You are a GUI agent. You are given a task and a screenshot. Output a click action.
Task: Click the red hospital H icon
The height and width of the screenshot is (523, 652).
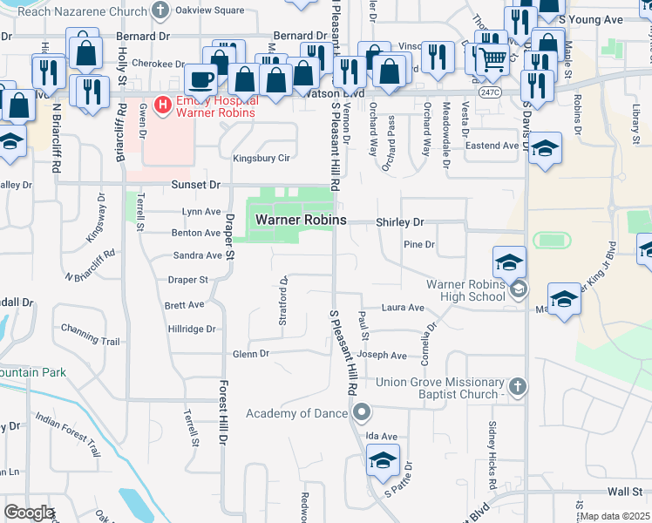[161, 105]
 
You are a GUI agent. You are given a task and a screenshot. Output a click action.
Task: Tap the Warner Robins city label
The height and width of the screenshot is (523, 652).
[301, 221]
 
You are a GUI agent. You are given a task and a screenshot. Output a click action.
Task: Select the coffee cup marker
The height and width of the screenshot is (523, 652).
[200, 79]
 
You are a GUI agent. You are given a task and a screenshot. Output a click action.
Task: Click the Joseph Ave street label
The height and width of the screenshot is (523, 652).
[386, 356]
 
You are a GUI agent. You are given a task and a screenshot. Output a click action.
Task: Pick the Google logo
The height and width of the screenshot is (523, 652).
[29, 512]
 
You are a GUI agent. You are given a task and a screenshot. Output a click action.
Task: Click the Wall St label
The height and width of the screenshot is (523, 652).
[625, 492]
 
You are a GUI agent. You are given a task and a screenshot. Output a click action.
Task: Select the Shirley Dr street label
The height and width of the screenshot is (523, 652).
[399, 222]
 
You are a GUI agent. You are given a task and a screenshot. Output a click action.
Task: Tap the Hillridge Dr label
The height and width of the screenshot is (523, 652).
[191, 329]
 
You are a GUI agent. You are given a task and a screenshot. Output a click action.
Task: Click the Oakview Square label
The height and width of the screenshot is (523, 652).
[210, 10]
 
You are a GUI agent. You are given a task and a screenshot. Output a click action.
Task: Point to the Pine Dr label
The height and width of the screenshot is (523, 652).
[419, 245]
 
